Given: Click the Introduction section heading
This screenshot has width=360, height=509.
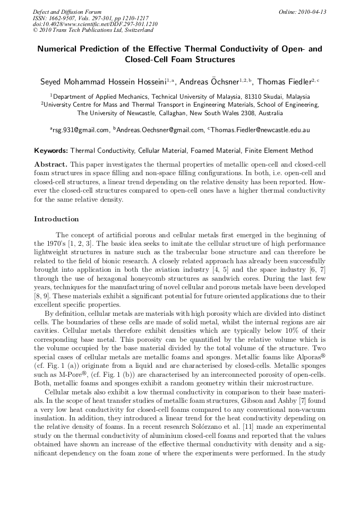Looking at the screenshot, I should coord(56,219).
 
